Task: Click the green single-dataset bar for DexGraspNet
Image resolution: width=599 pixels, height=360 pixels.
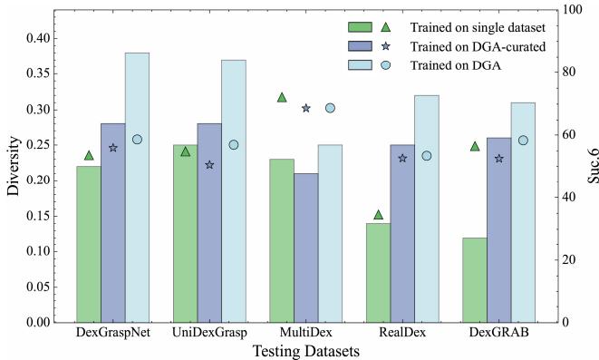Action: [x=88, y=244]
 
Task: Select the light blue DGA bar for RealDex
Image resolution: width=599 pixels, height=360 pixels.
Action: [x=427, y=209]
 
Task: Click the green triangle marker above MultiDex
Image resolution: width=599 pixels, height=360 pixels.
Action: [x=282, y=97]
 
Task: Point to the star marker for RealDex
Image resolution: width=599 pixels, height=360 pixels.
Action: [x=402, y=158]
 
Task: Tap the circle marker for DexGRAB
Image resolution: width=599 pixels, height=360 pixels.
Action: [x=523, y=141]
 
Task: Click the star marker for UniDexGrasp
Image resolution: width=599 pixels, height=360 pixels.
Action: [x=209, y=165]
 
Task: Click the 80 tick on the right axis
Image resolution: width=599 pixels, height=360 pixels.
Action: [x=565, y=72]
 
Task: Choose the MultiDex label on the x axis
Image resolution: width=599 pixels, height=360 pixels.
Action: [x=305, y=334]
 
